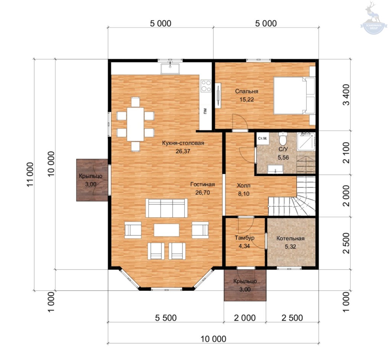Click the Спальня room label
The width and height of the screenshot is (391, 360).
246,91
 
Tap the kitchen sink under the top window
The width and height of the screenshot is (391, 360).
170,69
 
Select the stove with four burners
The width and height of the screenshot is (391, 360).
206,86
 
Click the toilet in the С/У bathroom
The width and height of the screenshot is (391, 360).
283,139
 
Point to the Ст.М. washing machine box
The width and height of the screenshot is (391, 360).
262,138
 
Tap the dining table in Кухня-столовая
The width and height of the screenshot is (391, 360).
136,124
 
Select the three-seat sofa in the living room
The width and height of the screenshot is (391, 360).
166,208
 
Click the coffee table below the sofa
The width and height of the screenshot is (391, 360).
166,230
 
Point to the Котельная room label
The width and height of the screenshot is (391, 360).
290,238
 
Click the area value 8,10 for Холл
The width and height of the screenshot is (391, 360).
244,194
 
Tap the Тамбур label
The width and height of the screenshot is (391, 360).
244,237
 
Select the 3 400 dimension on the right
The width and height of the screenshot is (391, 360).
346,95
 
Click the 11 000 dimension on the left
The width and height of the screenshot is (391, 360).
30,174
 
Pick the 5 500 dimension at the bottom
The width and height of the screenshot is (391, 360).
166,318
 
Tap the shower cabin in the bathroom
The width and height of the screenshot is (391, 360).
306,141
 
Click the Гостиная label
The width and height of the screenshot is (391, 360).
202,184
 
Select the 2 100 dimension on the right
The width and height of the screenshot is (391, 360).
346,153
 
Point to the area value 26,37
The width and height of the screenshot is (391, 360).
183,151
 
